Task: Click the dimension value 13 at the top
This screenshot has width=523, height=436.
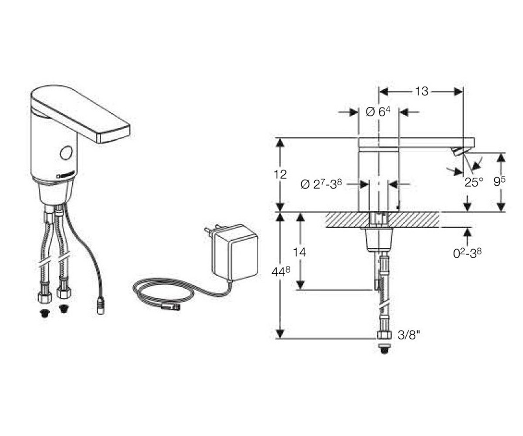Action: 421,92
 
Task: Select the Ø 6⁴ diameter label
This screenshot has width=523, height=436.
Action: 378,112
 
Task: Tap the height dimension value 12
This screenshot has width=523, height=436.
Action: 280,174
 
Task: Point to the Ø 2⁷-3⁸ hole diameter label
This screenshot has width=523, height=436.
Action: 322,185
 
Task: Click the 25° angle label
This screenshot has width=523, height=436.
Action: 474,182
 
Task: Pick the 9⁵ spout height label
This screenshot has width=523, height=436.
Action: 499,182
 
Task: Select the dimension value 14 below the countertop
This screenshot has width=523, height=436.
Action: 299,252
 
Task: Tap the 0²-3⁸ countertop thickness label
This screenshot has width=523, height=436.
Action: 467,253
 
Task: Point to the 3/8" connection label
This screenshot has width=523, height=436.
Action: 409,335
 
